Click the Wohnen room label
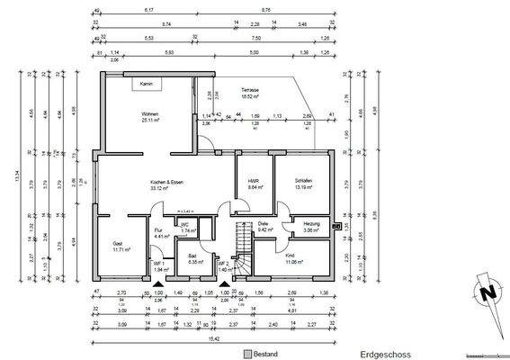150,115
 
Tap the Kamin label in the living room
145,83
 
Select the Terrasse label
251,92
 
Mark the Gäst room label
117,244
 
